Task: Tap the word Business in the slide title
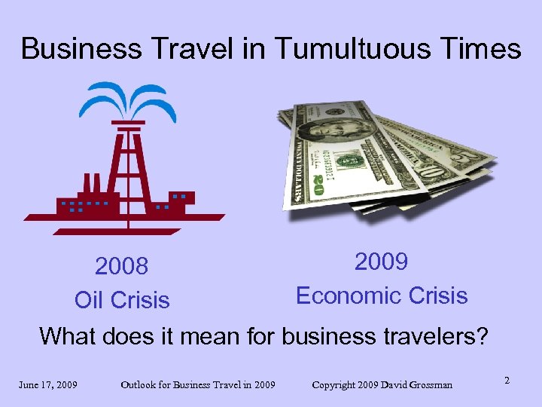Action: pyautogui.click(x=71, y=49)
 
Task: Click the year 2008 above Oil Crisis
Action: pyautogui.click(x=121, y=267)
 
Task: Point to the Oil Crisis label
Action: pyautogui.click(x=122, y=300)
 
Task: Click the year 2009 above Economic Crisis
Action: pyautogui.click(x=382, y=262)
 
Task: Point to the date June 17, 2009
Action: pyautogui.click(x=48, y=385)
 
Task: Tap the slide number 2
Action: pyautogui.click(x=507, y=381)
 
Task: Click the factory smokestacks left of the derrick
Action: pyautogui.click(x=88, y=183)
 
